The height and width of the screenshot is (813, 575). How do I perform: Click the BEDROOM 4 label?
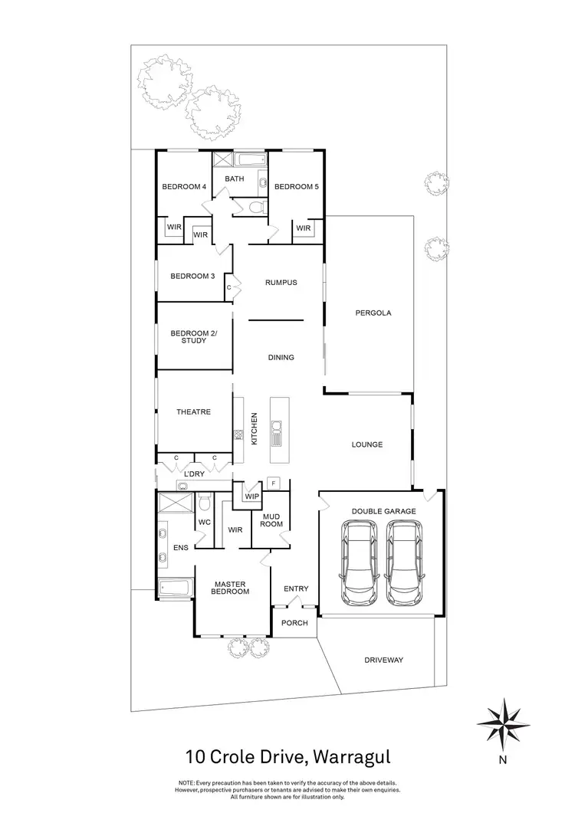point(184,187)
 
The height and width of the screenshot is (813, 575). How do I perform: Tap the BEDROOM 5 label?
point(296,187)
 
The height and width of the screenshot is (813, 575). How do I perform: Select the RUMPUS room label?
point(281,283)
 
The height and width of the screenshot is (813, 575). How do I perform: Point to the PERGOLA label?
point(373,313)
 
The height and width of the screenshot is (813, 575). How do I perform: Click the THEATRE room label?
point(193,412)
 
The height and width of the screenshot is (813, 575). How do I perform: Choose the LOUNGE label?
point(366,444)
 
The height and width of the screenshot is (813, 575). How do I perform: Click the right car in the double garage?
point(403,562)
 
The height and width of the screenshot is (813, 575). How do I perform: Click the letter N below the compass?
point(503,761)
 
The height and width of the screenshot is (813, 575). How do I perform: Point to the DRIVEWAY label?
point(383,660)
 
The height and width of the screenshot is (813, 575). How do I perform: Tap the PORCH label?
point(295,623)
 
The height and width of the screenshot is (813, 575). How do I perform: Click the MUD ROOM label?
point(272,520)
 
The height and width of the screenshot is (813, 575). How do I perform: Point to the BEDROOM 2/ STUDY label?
point(193,336)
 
